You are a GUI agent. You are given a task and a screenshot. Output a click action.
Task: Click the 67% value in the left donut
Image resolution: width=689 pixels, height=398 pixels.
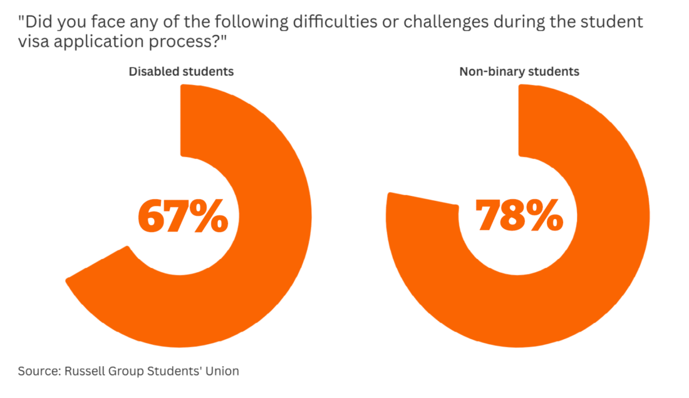(x=182, y=216)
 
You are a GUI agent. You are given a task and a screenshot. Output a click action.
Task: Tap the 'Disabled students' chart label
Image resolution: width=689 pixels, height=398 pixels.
(x=181, y=71)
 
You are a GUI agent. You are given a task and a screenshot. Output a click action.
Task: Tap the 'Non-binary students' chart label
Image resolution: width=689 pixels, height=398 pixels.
(x=519, y=71)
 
